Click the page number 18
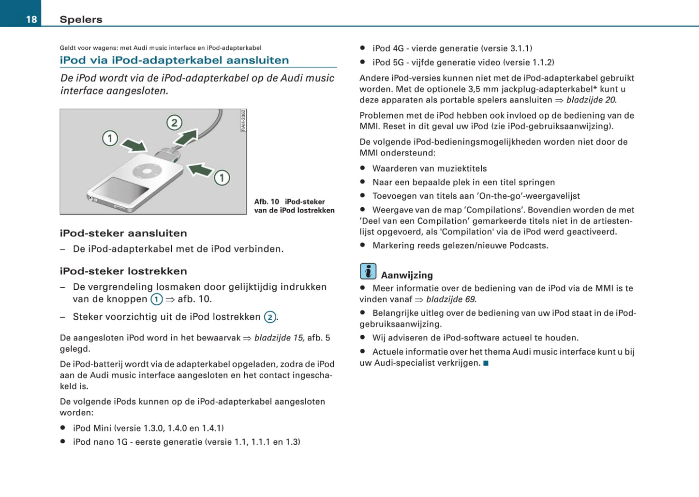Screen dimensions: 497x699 pos(31,19)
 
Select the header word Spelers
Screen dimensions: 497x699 pos(81,19)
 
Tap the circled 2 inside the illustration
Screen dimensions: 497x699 pos(174,123)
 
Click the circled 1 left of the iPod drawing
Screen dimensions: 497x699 pos(110,139)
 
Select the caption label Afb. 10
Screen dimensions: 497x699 pos(267,202)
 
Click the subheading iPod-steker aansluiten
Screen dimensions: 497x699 pos(123,233)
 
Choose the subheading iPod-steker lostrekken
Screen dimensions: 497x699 pos(123,271)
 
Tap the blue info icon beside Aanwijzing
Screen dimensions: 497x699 pos(368,271)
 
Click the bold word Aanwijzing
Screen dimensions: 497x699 pos(407,275)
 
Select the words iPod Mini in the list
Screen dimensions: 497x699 pos(92,428)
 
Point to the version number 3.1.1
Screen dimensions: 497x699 pos(520,48)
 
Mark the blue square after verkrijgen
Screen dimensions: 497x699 pos(486,363)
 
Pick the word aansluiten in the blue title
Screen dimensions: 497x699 pos(257,60)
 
